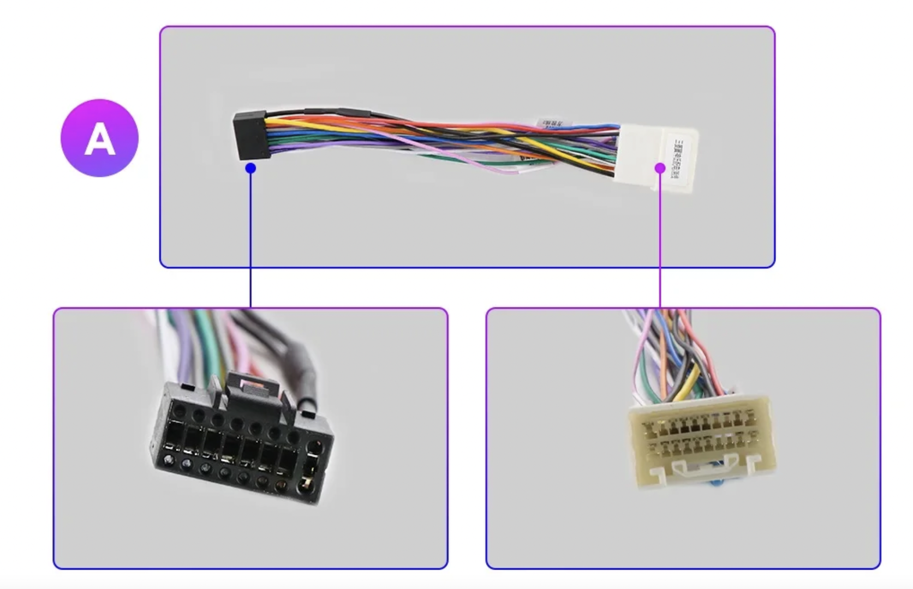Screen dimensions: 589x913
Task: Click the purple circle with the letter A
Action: (99, 137)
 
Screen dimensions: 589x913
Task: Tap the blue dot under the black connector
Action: (250, 168)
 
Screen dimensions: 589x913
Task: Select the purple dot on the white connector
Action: (660, 168)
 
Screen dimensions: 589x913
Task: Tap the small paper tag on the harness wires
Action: (551, 123)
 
